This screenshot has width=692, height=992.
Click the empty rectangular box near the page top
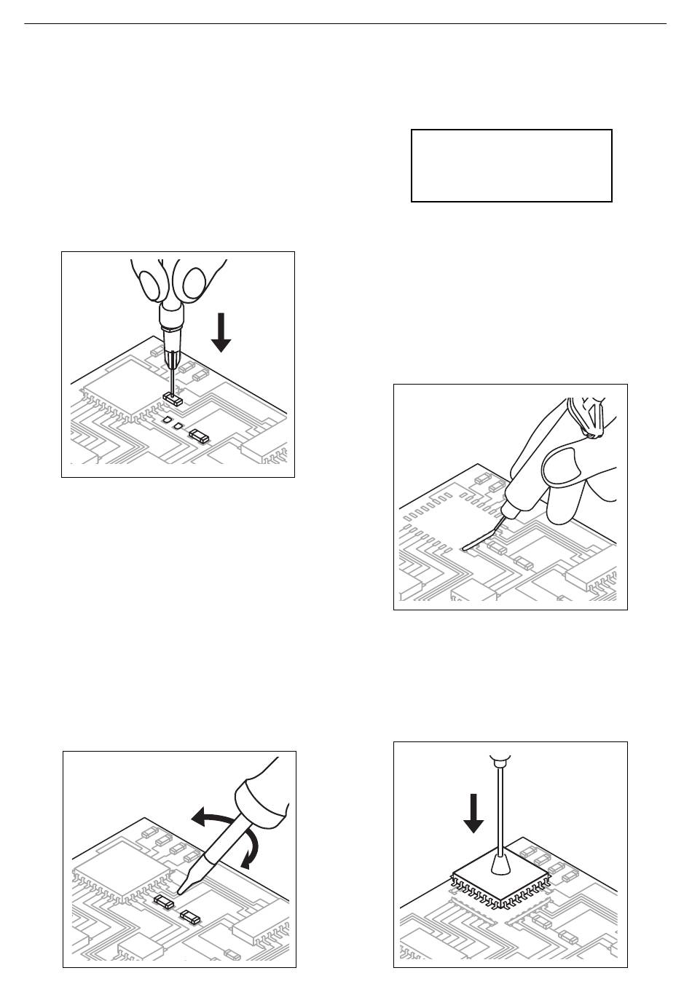(511, 165)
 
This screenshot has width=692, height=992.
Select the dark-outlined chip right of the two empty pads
(199, 436)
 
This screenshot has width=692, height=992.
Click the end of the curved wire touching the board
(465, 548)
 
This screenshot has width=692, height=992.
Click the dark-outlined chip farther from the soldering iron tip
(191, 916)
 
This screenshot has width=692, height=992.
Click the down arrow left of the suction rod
(473, 812)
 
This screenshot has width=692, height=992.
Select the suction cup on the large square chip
(500, 865)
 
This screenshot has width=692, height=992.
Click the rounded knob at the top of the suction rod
(500, 762)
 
